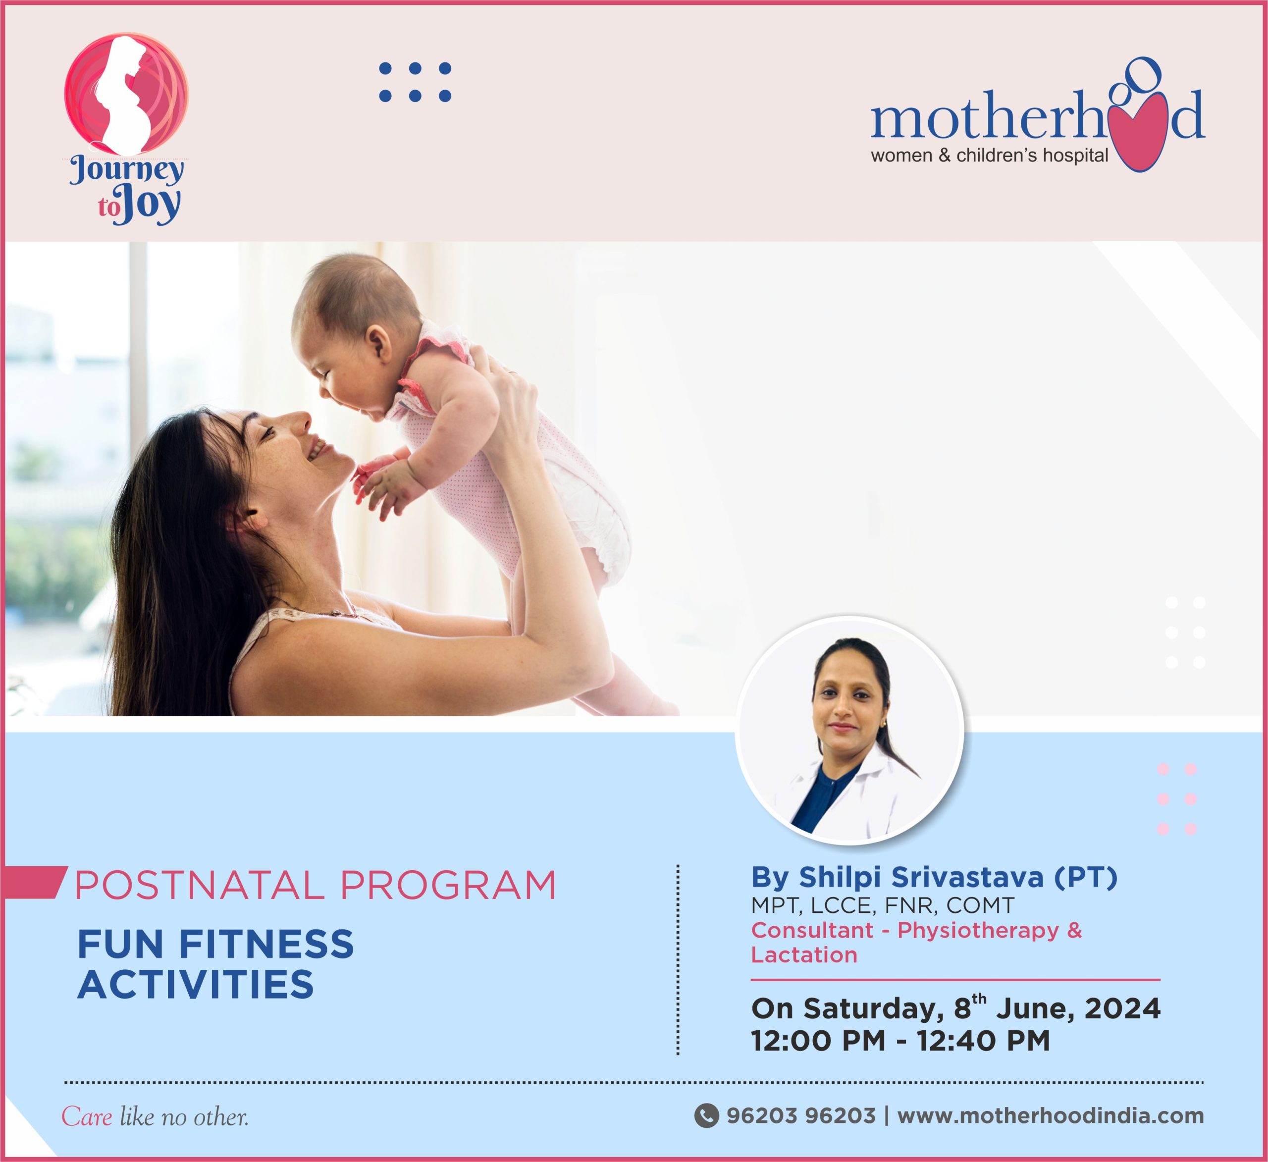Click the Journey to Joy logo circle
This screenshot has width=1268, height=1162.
(x=126, y=95)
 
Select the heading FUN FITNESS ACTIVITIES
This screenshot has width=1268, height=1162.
(x=215, y=964)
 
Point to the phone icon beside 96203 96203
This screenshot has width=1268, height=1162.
(x=706, y=1115)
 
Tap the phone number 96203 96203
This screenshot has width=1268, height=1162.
(x=801, y=1115)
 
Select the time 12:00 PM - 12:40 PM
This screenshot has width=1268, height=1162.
(x=900, y=1041)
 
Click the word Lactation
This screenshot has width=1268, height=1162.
(x=804, y=955)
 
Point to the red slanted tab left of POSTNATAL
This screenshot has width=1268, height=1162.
(x=33, y=882)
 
